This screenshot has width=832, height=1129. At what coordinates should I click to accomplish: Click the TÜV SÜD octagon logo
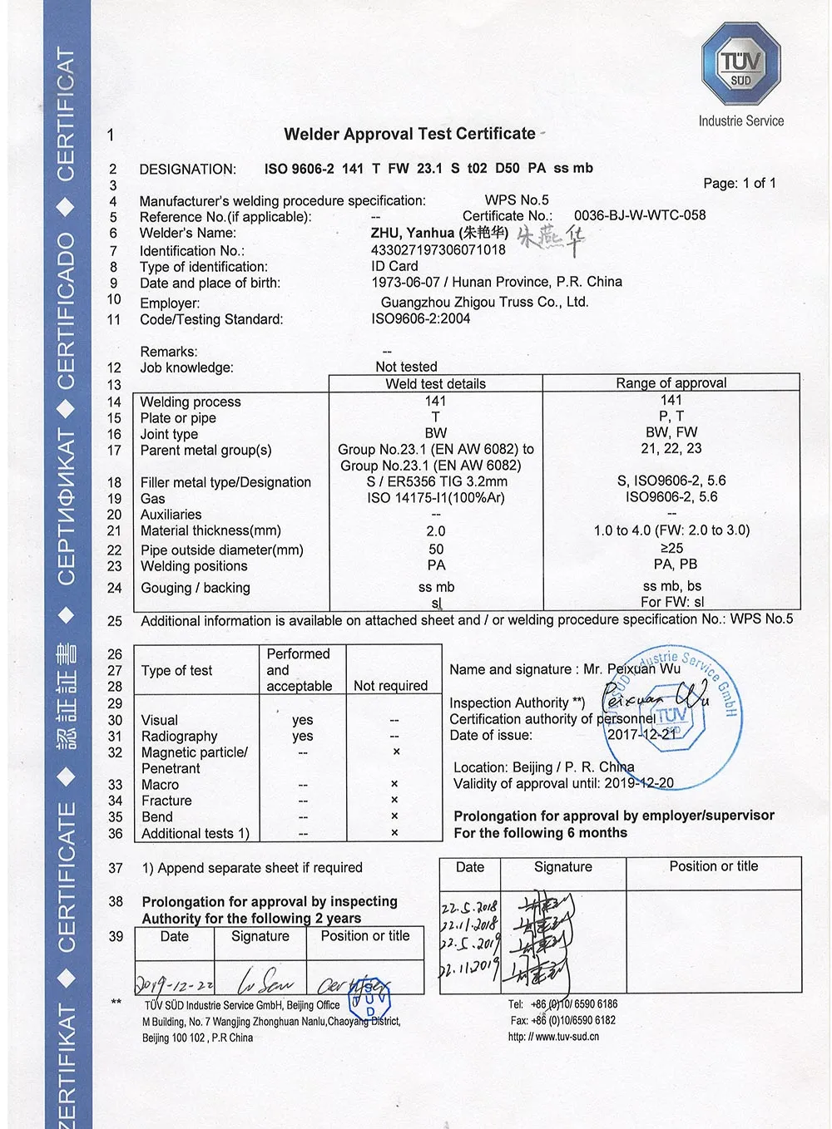pos(740,64)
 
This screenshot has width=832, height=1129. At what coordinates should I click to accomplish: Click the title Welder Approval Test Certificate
pos(409,134)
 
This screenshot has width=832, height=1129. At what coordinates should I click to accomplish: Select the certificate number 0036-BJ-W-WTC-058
pos(639,214)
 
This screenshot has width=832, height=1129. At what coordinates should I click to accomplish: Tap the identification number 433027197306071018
pos(438,249)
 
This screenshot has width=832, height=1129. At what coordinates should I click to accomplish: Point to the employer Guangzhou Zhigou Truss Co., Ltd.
pos(484,302)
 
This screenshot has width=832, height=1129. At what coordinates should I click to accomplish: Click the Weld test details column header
pos(435,383)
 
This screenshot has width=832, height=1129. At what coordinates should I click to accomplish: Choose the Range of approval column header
pos(671,382)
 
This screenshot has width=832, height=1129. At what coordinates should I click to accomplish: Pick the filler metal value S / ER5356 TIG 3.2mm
pos(437,481)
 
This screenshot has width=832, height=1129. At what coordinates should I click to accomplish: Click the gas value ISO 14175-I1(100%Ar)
pos(436,497)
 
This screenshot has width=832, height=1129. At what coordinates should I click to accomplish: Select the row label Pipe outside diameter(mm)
pos(221,550)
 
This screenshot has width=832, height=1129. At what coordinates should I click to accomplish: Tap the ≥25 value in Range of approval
pos(671,548)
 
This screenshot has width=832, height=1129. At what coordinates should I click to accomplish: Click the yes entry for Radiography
pos(303,736)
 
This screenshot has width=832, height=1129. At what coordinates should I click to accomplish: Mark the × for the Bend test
pos(394,816)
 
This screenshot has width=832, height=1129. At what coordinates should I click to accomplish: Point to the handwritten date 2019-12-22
pos(175,984)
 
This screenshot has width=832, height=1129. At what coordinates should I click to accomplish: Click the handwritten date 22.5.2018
pos(469,906)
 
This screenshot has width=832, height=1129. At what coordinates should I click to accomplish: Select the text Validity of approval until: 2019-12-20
pos(563,783)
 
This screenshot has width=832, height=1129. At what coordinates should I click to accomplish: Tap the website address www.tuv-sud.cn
pos(567,1037)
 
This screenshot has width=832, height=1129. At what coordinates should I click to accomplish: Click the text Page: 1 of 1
pos(739,183)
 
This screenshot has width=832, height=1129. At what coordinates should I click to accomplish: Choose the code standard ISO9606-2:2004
pos(420,318)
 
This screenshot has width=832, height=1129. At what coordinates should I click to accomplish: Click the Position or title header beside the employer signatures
pos(713,866)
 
